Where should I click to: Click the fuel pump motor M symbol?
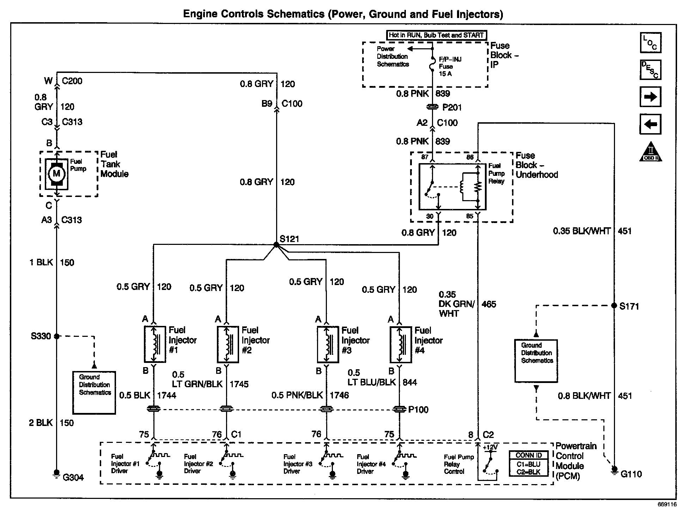click(56, 173)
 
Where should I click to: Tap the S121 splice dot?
click(276, 244)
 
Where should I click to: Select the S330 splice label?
click(41, 336)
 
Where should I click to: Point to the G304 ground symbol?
click(56, 473)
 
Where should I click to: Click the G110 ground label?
click(631, 474)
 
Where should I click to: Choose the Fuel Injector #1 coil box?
click(154, 344)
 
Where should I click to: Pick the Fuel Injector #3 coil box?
click(328, 344)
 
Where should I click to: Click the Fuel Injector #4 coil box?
click(400, 344)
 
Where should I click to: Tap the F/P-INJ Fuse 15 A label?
click(450, 66)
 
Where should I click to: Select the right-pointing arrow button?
click(650, 97)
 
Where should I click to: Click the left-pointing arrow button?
click(650, 124)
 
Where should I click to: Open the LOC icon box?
click(650, 43)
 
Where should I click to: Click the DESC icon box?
click(650, 70)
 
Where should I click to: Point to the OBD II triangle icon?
click(651, 153)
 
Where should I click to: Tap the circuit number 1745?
click(239, 384)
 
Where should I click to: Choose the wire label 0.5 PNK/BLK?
click(297, 395)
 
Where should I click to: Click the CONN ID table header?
click(529, 456)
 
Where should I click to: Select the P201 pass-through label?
click(452, 107)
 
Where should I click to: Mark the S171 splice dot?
click(614, 305)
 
